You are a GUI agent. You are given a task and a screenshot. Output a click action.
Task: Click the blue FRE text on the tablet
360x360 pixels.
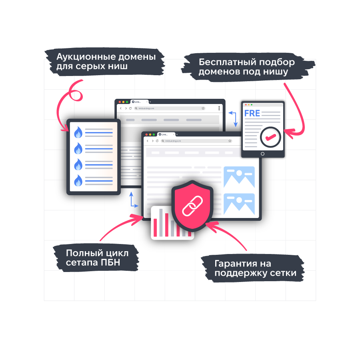252,113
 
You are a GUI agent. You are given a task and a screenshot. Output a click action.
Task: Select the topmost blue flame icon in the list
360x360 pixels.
78,132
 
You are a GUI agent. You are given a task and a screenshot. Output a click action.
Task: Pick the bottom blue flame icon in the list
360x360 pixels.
78,180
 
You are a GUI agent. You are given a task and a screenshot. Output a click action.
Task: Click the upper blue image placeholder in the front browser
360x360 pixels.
239,176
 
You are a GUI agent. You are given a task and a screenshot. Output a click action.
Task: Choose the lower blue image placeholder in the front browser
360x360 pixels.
239,204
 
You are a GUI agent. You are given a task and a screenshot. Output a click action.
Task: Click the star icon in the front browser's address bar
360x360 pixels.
230,141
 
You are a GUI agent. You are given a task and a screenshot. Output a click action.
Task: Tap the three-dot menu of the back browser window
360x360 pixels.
219,108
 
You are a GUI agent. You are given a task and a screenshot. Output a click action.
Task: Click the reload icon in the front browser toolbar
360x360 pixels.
157,141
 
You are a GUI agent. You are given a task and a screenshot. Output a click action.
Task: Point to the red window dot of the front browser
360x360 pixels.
146,135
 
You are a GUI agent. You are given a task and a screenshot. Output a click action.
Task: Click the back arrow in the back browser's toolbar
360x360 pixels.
121,108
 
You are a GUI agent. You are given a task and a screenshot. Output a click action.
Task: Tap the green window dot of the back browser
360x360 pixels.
127,102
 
